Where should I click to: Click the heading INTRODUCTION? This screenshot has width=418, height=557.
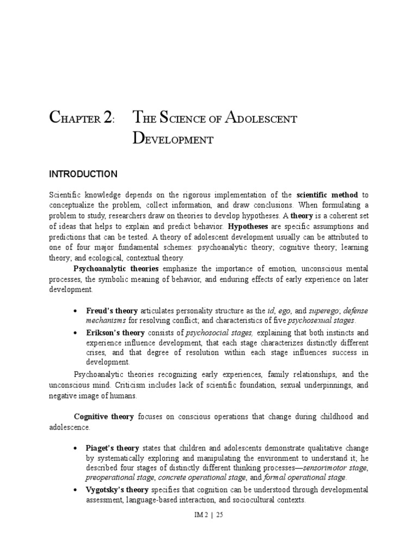point(83,174)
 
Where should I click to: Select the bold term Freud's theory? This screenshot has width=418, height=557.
point(112,311)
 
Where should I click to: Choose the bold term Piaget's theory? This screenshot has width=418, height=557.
point(113,448)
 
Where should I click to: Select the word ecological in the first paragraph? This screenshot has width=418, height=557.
point(108,257)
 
